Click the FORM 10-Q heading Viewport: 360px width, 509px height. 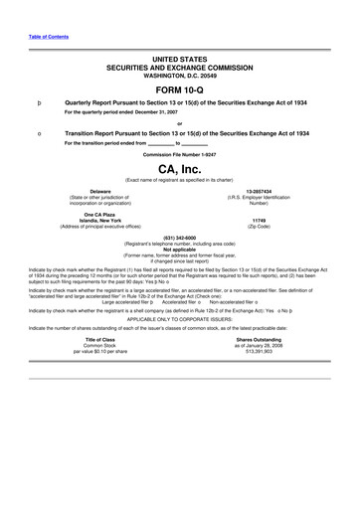tap(179, 88)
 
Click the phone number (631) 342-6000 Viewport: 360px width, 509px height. tap(180, 238)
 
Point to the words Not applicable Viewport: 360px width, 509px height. tap(180, 250)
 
